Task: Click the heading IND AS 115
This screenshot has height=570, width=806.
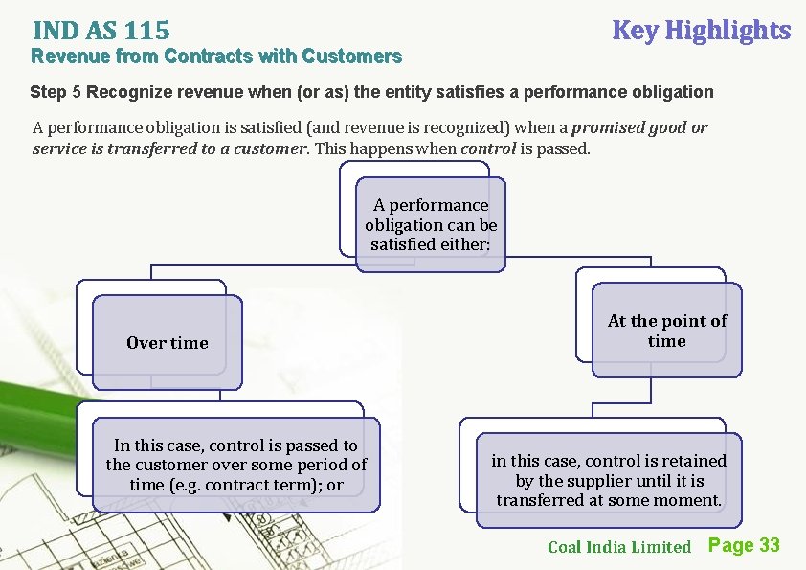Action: pyautogui.click(x=101, y=32)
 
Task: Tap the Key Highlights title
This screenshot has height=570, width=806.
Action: pyautogui.click(x=701, y=31)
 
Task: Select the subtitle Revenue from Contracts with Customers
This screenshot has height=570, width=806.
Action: pyautogui.click(x=216, y=57)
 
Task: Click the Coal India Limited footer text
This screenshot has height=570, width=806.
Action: pyautogui.click(x=618, y=547)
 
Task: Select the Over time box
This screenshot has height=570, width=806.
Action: pyautogui.click(x=167, y=343)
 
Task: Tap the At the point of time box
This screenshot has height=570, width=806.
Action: pyautogui.click(x=666, y=331)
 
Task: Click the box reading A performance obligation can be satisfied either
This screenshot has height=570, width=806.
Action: pyautogui.click(x=431, y=225)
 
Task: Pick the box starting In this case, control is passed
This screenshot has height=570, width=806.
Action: pyautogui.click(x=235, y=465)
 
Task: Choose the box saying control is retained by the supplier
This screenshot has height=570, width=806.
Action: pyautogui.click(x=609, y=480)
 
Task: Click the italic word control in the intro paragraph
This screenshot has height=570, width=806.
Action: pyautogui.click(x=486, y=148)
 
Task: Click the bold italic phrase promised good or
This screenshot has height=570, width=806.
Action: pyautogui.click(x=640, y=127)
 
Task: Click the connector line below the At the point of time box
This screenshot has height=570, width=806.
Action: pyautogui.click(x=651, y=391)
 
